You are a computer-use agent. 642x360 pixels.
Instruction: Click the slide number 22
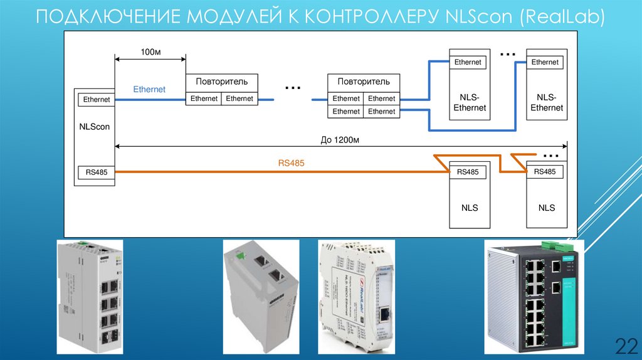(624, 345)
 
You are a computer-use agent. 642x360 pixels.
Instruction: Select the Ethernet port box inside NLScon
(96, 99)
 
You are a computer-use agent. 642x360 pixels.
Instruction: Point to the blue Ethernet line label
(149, 90)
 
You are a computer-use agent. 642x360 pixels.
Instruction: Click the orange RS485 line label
(291, 163)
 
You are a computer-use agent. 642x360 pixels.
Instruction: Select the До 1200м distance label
(339, 140)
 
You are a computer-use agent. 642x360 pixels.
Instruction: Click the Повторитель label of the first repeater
(221, 82)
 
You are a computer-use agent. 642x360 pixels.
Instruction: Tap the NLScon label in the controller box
(95, 127)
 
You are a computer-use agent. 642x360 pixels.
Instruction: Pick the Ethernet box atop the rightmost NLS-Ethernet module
(545, 62)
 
